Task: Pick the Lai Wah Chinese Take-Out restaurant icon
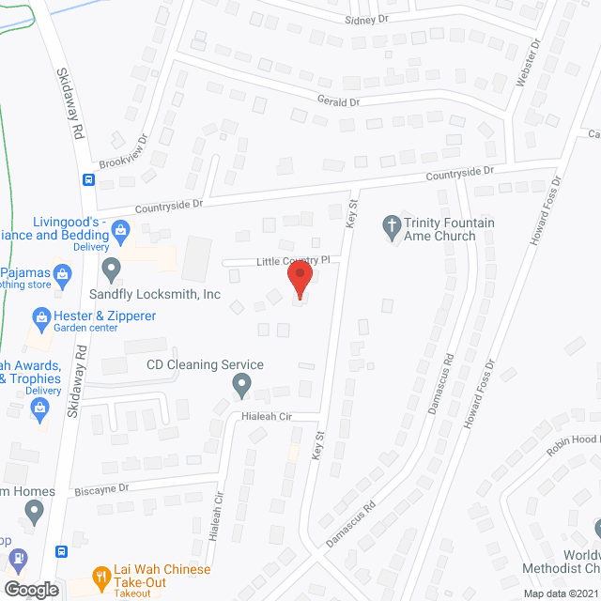pos(102,576)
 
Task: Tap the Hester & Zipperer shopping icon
pos(40,316)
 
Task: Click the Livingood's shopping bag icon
pos(120,228)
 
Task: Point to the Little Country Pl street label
pos(292,260)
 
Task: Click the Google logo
pos(30,590)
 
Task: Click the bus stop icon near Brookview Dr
pos(88,179)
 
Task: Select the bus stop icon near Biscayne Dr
pos(62,551)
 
